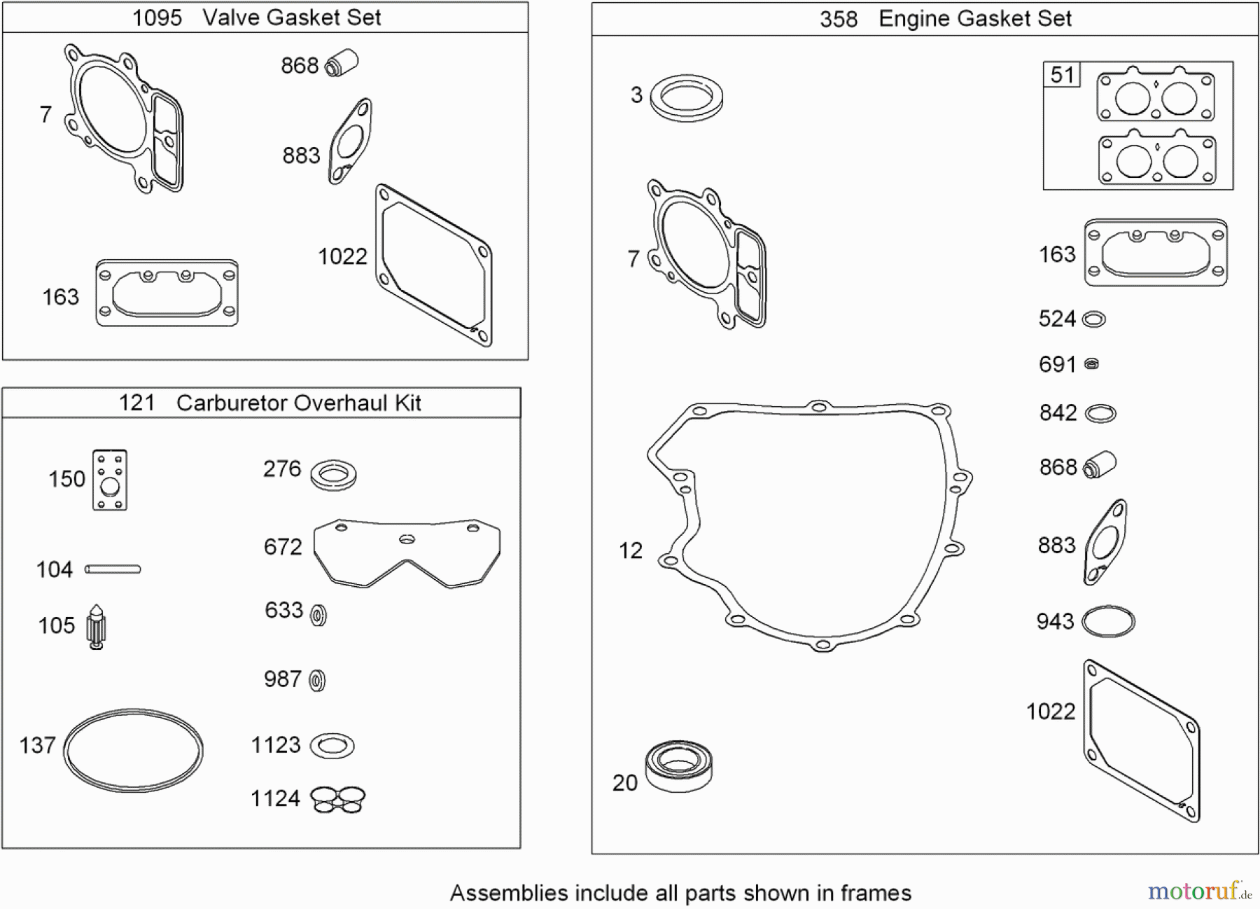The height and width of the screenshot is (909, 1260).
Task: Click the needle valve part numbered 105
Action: [97, 626]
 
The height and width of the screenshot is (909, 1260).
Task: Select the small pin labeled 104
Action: [113, 569]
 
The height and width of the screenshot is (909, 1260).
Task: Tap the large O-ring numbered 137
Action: [133, 750]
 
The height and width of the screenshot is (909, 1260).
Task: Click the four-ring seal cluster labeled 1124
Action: [337, 799]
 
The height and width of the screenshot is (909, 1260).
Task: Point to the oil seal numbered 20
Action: [678, 766]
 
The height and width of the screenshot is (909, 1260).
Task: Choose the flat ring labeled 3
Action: [686, 97]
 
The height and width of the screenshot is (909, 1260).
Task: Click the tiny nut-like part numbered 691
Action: [1091, 364]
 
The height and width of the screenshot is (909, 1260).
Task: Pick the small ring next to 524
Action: [1093, 320]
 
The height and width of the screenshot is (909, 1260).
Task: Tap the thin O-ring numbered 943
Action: [1108, 621]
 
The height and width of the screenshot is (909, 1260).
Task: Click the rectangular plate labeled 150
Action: [110, 480]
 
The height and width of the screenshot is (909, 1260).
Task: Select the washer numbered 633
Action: [318, 615]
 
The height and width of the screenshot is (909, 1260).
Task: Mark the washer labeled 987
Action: [317, 680]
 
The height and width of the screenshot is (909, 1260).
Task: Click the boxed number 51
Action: [1062, 75]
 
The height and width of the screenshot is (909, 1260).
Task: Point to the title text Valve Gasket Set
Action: [292, 18]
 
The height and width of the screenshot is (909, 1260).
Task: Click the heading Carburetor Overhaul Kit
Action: [298, 403]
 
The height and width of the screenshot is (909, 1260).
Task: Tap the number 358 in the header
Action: [838, 19]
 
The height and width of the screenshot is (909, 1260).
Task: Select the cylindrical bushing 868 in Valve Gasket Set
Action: [342, 63]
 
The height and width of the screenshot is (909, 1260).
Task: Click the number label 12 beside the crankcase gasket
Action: [630, 550]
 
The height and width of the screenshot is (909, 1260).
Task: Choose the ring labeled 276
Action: [333, 476]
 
